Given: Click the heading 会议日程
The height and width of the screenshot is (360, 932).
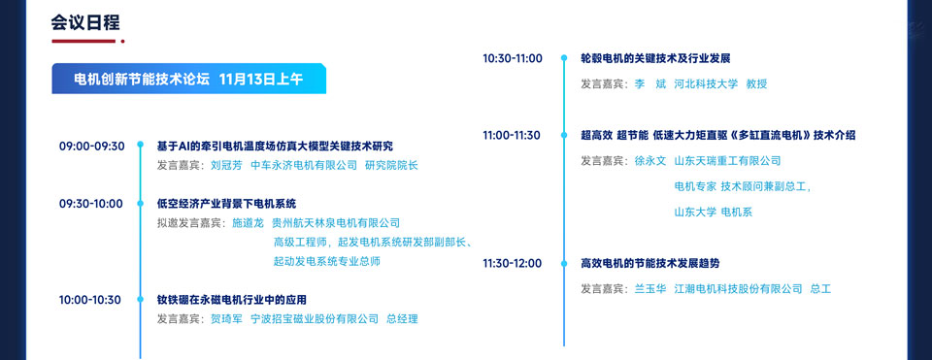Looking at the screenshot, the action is click(x=85, y=23).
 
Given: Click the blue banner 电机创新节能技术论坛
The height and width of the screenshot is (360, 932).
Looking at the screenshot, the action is click(x=189, y=79).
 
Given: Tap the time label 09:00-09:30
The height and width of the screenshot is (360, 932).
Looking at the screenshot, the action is click(x=91, y=147).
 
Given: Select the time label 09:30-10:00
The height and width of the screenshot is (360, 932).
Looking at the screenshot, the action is click(x=91, y=204).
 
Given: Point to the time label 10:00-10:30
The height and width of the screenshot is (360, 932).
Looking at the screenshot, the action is click(x=89, y=300).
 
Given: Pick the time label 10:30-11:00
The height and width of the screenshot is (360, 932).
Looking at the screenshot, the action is click(x=513, y=58).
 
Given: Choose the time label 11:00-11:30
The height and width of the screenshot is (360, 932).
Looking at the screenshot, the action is click(x=512, y=136).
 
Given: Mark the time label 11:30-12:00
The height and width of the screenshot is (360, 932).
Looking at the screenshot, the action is click(x=512, y=263).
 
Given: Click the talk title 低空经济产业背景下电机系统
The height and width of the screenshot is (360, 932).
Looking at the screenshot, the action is click(x=226, y=204).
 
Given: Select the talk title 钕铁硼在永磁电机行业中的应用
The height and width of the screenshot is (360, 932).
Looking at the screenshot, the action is click(x=232, y=300).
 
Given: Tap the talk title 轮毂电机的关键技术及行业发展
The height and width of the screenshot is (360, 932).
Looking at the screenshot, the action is click(x=655, y=58).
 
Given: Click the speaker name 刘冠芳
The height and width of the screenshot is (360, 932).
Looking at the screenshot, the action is click(x=226, y=165).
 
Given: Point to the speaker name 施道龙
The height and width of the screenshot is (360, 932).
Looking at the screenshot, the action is click(x=248, y=223).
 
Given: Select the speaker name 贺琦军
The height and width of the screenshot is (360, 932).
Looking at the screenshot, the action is click(x=226, y=319).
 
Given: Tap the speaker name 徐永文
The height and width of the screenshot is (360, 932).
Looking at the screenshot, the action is click(x=650, y=161).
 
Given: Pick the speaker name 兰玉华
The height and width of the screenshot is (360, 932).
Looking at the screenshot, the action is click(x=650, y=289).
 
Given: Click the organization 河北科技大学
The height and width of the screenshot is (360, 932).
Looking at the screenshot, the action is click(x=706, y=83).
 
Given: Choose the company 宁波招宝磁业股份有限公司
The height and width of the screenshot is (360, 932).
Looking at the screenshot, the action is click(x=315, y=319).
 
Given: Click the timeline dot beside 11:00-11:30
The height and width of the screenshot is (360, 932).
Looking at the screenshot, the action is click(x=564, y=136).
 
